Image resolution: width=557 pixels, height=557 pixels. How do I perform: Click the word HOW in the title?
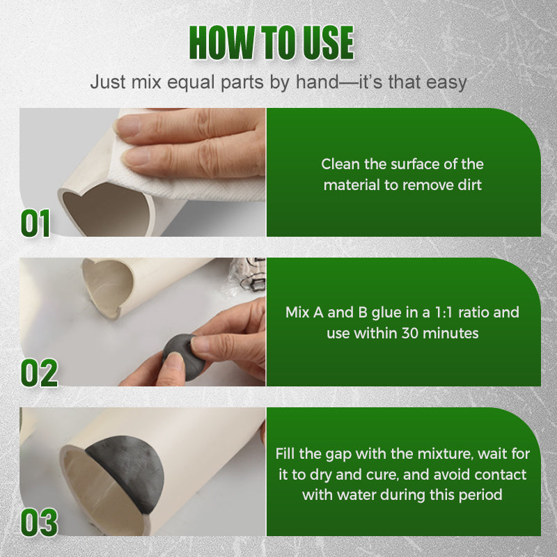(x=222, y=42)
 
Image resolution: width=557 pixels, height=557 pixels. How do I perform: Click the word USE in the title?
(x=328, y=42)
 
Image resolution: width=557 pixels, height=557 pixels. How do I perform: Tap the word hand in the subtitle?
(x=317, y=82)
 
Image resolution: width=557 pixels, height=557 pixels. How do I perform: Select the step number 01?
(x=36, y=223)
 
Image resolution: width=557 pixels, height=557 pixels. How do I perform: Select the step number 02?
(x=39, y=372)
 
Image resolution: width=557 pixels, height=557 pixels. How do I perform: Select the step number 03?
(x=39, y=523)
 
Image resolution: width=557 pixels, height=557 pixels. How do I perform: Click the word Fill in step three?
(x=285, y=454)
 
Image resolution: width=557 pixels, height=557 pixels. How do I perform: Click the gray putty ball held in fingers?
(x=183, y=356)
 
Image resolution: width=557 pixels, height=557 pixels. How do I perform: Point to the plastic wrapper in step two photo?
(x=246, y=275)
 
